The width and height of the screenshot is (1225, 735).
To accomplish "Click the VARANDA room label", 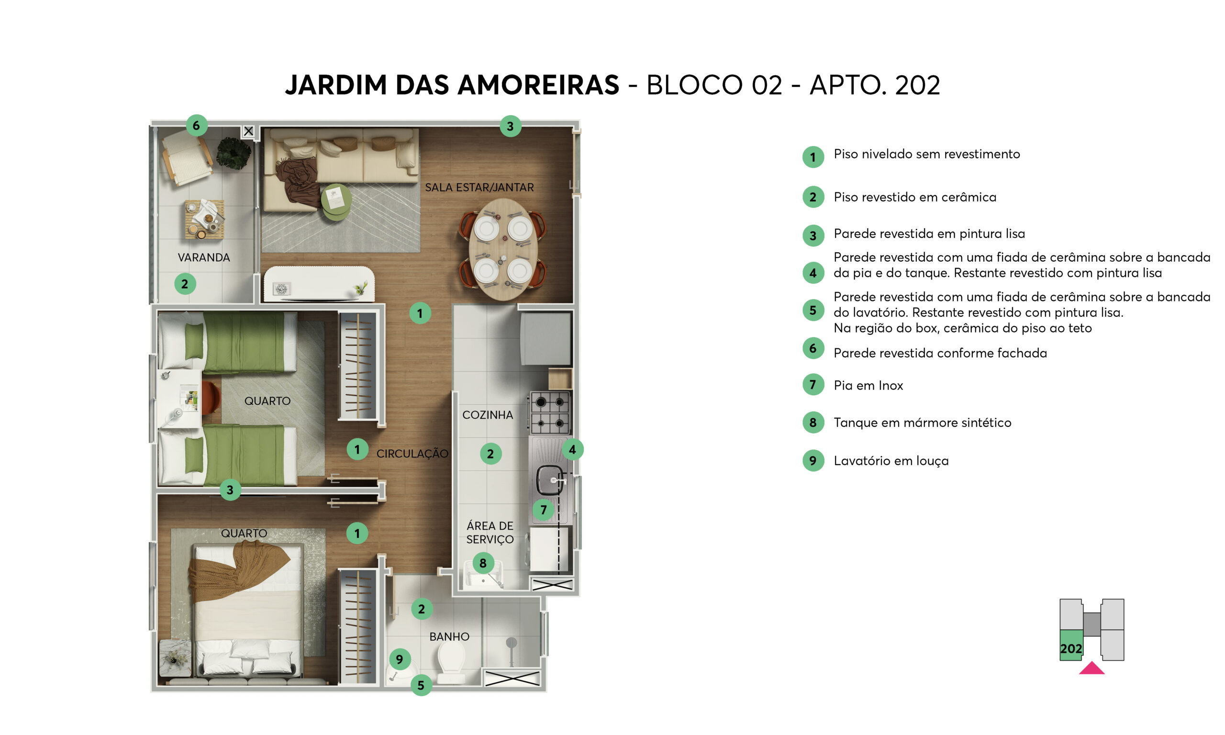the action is pos(203,257).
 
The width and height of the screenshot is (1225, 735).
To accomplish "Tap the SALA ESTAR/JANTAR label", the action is pos(479,188).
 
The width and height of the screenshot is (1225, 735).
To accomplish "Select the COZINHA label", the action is pos(487,415).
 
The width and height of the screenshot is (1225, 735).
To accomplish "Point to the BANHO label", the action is pos(449,636).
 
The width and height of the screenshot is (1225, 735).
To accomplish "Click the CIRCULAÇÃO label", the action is pos(412,454).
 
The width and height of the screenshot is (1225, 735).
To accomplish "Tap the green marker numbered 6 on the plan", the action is pos(197,125).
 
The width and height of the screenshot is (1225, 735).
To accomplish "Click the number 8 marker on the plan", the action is pos(483,563).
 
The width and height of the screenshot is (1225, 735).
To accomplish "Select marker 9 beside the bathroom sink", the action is pos(400,659).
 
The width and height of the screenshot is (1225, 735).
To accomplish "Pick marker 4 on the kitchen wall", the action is pos(572,450).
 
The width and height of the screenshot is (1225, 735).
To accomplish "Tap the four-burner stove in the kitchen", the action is pos(550,413).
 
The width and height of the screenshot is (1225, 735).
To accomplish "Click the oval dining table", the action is pos(503,249).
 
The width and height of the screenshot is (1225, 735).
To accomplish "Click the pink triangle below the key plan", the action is pos(1091,668).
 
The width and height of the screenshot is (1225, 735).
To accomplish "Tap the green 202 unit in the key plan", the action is pos(1071,646).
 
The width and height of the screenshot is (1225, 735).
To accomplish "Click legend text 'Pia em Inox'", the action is pos(868,386).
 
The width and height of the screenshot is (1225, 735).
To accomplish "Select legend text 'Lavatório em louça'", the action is pos(891,461).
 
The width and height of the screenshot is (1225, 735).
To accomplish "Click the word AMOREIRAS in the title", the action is pos(538,85).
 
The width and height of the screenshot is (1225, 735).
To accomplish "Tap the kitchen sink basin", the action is pos(550,480).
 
